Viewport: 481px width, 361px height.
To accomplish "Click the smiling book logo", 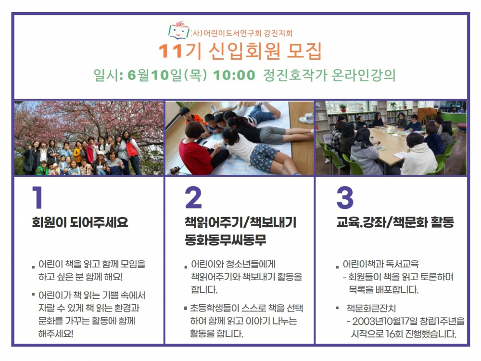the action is [x=179, y=30].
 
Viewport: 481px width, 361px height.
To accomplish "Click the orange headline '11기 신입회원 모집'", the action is [x=240, y=51].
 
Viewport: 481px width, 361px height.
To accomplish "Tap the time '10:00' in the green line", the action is [x=234, y=75].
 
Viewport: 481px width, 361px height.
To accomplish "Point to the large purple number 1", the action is [x=38, y=197].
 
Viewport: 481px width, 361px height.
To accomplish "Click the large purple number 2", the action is [x=193, y=197].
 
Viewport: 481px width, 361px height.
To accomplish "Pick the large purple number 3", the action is [x=345, y=197].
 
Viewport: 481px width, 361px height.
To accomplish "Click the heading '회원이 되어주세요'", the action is [x=80, y=222].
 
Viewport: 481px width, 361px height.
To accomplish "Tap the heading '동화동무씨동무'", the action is [x=226, y=239].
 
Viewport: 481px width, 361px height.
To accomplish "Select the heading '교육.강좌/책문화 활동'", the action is [x=395, y=222].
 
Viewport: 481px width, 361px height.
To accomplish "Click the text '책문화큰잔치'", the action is [x=371, y=308].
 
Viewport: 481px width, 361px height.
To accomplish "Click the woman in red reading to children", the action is [x=200, y=149].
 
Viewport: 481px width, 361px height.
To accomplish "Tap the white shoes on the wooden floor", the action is [x=306, y=117].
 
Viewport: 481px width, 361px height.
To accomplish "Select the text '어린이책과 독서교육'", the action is [x=380, y=264].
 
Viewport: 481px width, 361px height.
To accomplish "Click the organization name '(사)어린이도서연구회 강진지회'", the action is [x=241, y=33].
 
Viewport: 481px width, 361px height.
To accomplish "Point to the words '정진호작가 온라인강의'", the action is [x=329, y=75].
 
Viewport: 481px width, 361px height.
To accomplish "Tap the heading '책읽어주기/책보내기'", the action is [x=240, y=222].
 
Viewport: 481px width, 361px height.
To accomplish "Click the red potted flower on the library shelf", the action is [x=343, y=108].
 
